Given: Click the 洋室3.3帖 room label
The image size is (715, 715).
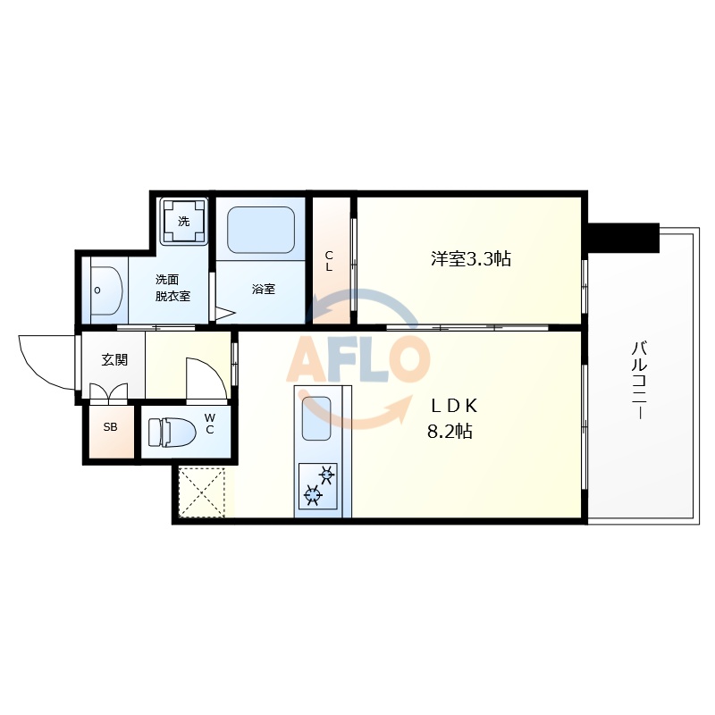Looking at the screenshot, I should [471, 259].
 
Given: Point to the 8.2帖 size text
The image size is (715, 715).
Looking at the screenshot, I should [450, 432].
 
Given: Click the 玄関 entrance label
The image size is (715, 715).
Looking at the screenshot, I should [114, 360].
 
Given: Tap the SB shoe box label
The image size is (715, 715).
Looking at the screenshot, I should [110, 427].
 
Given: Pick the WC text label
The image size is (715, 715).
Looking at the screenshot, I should [210, 423].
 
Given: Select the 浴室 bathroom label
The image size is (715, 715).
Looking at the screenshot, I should [263, 289].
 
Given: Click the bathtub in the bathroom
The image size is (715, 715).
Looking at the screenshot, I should [260, 231].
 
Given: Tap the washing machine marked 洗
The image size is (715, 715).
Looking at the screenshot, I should [183, 221].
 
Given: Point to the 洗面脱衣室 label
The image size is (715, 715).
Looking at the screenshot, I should [172, 287].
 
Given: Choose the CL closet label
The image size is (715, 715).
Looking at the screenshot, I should [329, 260].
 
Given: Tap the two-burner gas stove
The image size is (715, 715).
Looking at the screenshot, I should [318, 484].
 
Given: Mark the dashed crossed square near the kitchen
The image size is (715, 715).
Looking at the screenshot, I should [204, 492].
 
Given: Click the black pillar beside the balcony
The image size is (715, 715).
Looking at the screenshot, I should [623, 237].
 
